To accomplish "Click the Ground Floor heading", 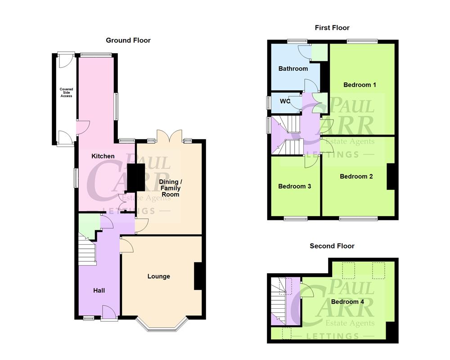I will tap(128, 40).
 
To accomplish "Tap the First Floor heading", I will tap(332, 28).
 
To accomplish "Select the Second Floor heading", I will tap(332, 246).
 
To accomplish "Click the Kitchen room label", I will tap(103, 156).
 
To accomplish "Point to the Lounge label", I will tap(159, 276).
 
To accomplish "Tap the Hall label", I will tap(99, 291).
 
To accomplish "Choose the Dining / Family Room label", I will tap(169, 188).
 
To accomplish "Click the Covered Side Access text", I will tap(66, 93).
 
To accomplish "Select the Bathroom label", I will tap(293, 69).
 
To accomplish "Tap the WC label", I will tap(285, 101).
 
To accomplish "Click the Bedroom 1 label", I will tap(360, 85).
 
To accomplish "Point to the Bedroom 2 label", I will tap(356, 176).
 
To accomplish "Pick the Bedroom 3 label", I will tap(295, 186).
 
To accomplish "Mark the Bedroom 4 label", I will tap(347, 301).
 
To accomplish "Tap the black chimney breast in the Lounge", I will tap(198, 276).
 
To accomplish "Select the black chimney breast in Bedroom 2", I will tap(391, 177).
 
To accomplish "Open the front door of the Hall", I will tap(108, 313).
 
